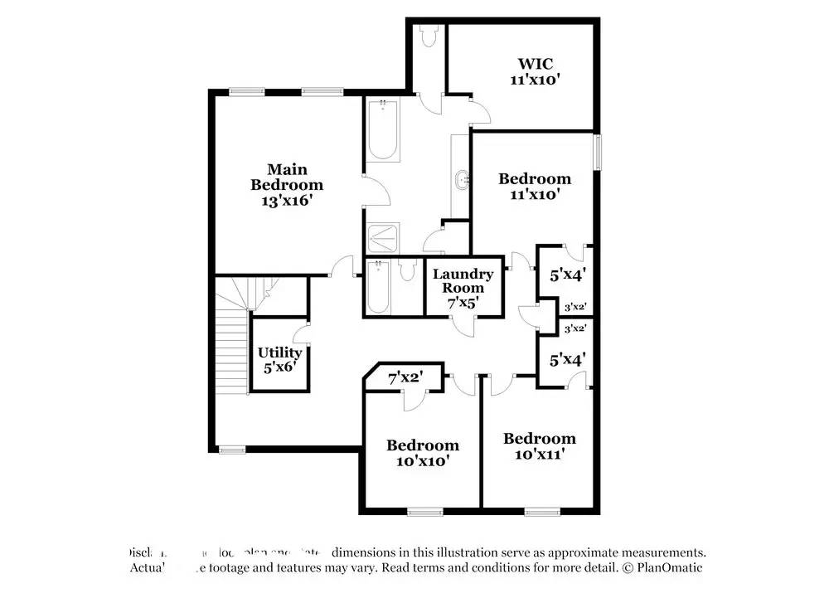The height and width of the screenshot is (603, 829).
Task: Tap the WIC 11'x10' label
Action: click(535, 71)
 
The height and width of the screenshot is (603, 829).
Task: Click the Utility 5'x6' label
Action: click(279, 360)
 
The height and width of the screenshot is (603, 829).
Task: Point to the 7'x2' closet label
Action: click(405, 378)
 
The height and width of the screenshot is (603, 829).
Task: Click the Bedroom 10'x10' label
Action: click(423, 453)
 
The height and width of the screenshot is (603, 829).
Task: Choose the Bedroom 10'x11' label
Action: click(539, 446)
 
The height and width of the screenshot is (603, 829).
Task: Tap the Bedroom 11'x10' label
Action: click(535, 186)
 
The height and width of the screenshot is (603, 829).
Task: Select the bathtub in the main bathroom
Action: click(382, 129)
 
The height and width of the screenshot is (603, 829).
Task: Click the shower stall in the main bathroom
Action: click(382, 239)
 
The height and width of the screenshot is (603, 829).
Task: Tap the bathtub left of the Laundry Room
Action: click(379, 287)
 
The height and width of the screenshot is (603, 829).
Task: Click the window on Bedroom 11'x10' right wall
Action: click(599, 153)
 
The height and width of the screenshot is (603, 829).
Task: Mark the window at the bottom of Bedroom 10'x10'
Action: click(424, 512)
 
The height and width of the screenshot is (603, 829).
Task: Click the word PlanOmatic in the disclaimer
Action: click(671, 568)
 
